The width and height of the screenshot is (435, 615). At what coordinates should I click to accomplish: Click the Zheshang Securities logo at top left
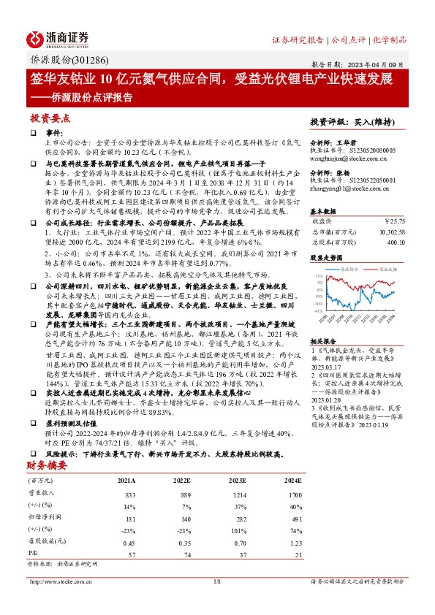(x=58, y=38)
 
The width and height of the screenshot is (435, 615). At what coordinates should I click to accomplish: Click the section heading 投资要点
(x=50, y=118)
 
